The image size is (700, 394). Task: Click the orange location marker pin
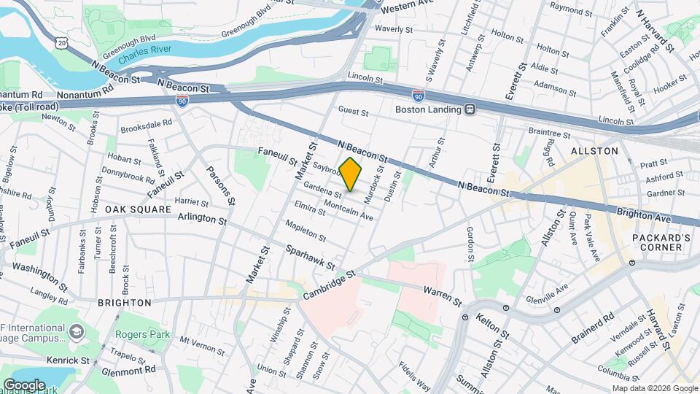click(x=351, y=174)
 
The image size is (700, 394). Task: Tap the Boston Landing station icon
click(x=471, y=109)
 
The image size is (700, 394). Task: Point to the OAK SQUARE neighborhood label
click(x=137, y=209)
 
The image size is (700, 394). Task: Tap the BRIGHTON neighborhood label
click(x=124, y=302)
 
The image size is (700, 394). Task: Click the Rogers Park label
click(x=143, y=335)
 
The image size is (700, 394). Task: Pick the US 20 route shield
click(x=61, y=44)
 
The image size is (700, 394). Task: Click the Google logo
click(x=24, y=385)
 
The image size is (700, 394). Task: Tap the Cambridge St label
click(x=329, y=285)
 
